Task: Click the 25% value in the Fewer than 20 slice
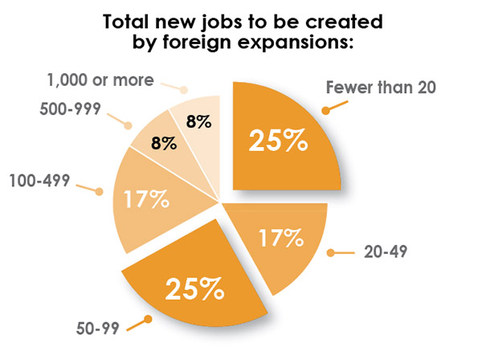tap(278, 141)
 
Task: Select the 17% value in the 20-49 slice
tap(280, 239)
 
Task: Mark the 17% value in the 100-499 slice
tap(145, 198)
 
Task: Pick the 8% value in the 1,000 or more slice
tap(198, 123)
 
